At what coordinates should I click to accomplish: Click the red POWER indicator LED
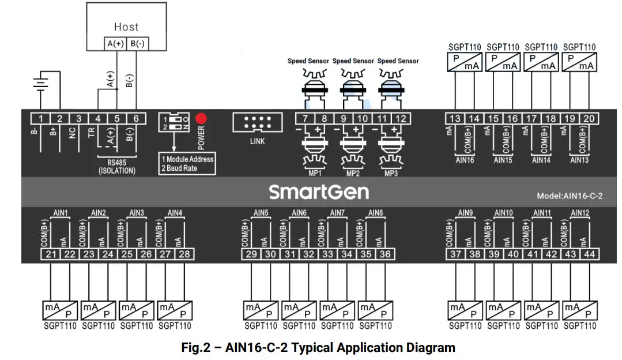pos(201,119)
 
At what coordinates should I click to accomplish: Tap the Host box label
pos(126,27)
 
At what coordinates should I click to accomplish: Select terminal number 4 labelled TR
pos(98,118)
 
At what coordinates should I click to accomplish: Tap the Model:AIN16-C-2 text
pos(570,196)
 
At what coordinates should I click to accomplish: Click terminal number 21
pos(50,254)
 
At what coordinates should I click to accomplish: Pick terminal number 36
pos(385,254)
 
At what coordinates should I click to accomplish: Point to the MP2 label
pos(353,173)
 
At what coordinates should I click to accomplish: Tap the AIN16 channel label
pos(465,160)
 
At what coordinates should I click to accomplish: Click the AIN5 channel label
pos(261,213)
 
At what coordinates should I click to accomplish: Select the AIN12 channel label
pos(580,213)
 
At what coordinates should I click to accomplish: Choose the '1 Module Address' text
pos(187,159)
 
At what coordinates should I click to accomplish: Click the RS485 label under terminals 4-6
pos(117,163)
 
